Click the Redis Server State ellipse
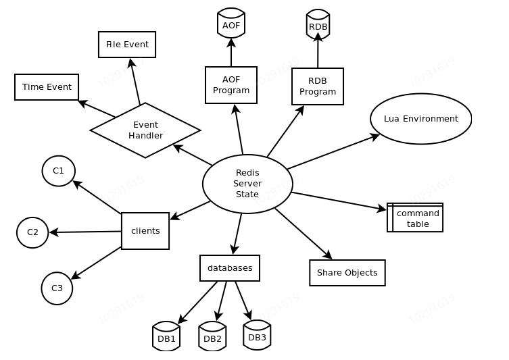[247, 184]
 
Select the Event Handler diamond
[145, 130]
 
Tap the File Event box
[127, 45]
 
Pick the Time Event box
[47, 87]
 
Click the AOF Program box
[231, 85]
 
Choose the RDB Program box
[318, 86]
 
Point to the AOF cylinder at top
[231, 24]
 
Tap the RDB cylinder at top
[318, 25]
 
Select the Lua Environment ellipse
[420, 119]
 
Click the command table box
[416, 217]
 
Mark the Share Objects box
[347, 273]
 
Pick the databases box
[230, 268]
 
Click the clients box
[145, 231]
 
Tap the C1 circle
[59, 171]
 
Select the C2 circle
[32, 232]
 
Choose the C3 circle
[57, 288]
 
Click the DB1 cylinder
[166, 336]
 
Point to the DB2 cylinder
[212, 336]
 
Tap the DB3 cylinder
[257, 336]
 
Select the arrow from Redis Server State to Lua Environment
[333, 152]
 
